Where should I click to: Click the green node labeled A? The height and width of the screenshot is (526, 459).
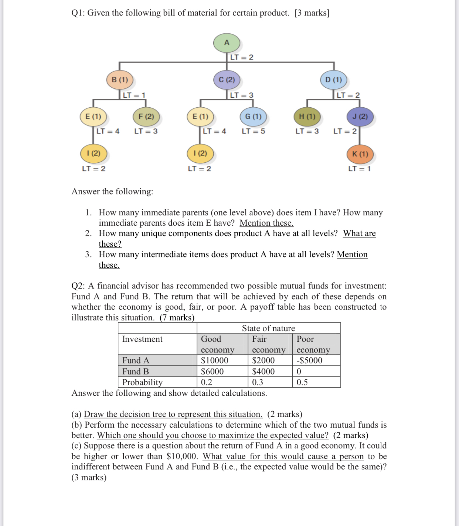(227, 43)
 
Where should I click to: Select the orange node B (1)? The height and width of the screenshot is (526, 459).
(120, 80)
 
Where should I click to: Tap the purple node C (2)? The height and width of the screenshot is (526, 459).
(227, 80)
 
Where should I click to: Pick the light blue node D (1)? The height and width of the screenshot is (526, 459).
(333, 80)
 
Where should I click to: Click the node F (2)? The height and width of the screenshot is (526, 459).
(146, 117)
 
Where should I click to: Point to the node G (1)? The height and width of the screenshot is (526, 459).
(253, 117)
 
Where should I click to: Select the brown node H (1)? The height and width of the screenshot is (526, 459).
(307, 117)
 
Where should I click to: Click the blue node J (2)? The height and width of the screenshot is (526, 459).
(360, 117)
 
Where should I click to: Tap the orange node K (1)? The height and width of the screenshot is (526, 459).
(360, 154)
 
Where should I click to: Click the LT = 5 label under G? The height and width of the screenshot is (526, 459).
(253, 131)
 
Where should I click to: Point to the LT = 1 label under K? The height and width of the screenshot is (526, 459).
(359, 169)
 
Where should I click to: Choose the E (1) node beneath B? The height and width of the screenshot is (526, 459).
(93, 117)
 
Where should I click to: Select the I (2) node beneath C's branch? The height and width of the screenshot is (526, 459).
(200, 153)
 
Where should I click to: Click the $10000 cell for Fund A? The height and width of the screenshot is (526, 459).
(215, 360)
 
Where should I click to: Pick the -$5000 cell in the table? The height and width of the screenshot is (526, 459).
(309, 360)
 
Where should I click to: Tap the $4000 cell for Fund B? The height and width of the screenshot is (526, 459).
(263, 371)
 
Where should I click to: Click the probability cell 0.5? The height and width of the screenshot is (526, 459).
(302, 382)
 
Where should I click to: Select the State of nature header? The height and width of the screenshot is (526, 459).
(268, 328)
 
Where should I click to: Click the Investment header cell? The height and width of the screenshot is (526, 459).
(142, 339)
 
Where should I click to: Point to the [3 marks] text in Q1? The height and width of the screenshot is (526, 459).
(312, 13)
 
